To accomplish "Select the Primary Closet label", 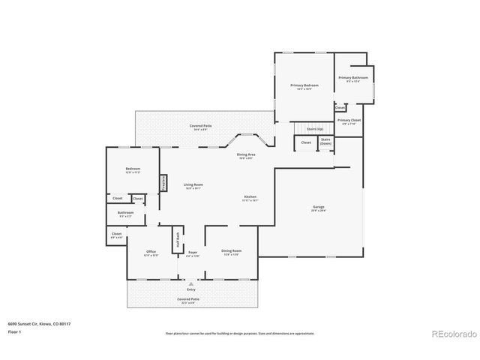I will click(x=349, y=121).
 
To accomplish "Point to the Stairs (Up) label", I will click(x=304, y=129).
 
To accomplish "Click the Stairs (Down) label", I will click(x=325, y=141).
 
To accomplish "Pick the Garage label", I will click(x=319, y=208).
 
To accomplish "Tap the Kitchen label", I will click(x=250, y=198).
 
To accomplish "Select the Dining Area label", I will click(x=246, y=156).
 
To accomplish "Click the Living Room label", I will click(x=193, y=185).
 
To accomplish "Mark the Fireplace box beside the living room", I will click(x=163, y=182).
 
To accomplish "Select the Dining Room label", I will click(x=231, y=252).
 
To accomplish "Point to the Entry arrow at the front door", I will click(x=190, y=285).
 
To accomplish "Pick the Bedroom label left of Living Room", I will click(x=133, y=170).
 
